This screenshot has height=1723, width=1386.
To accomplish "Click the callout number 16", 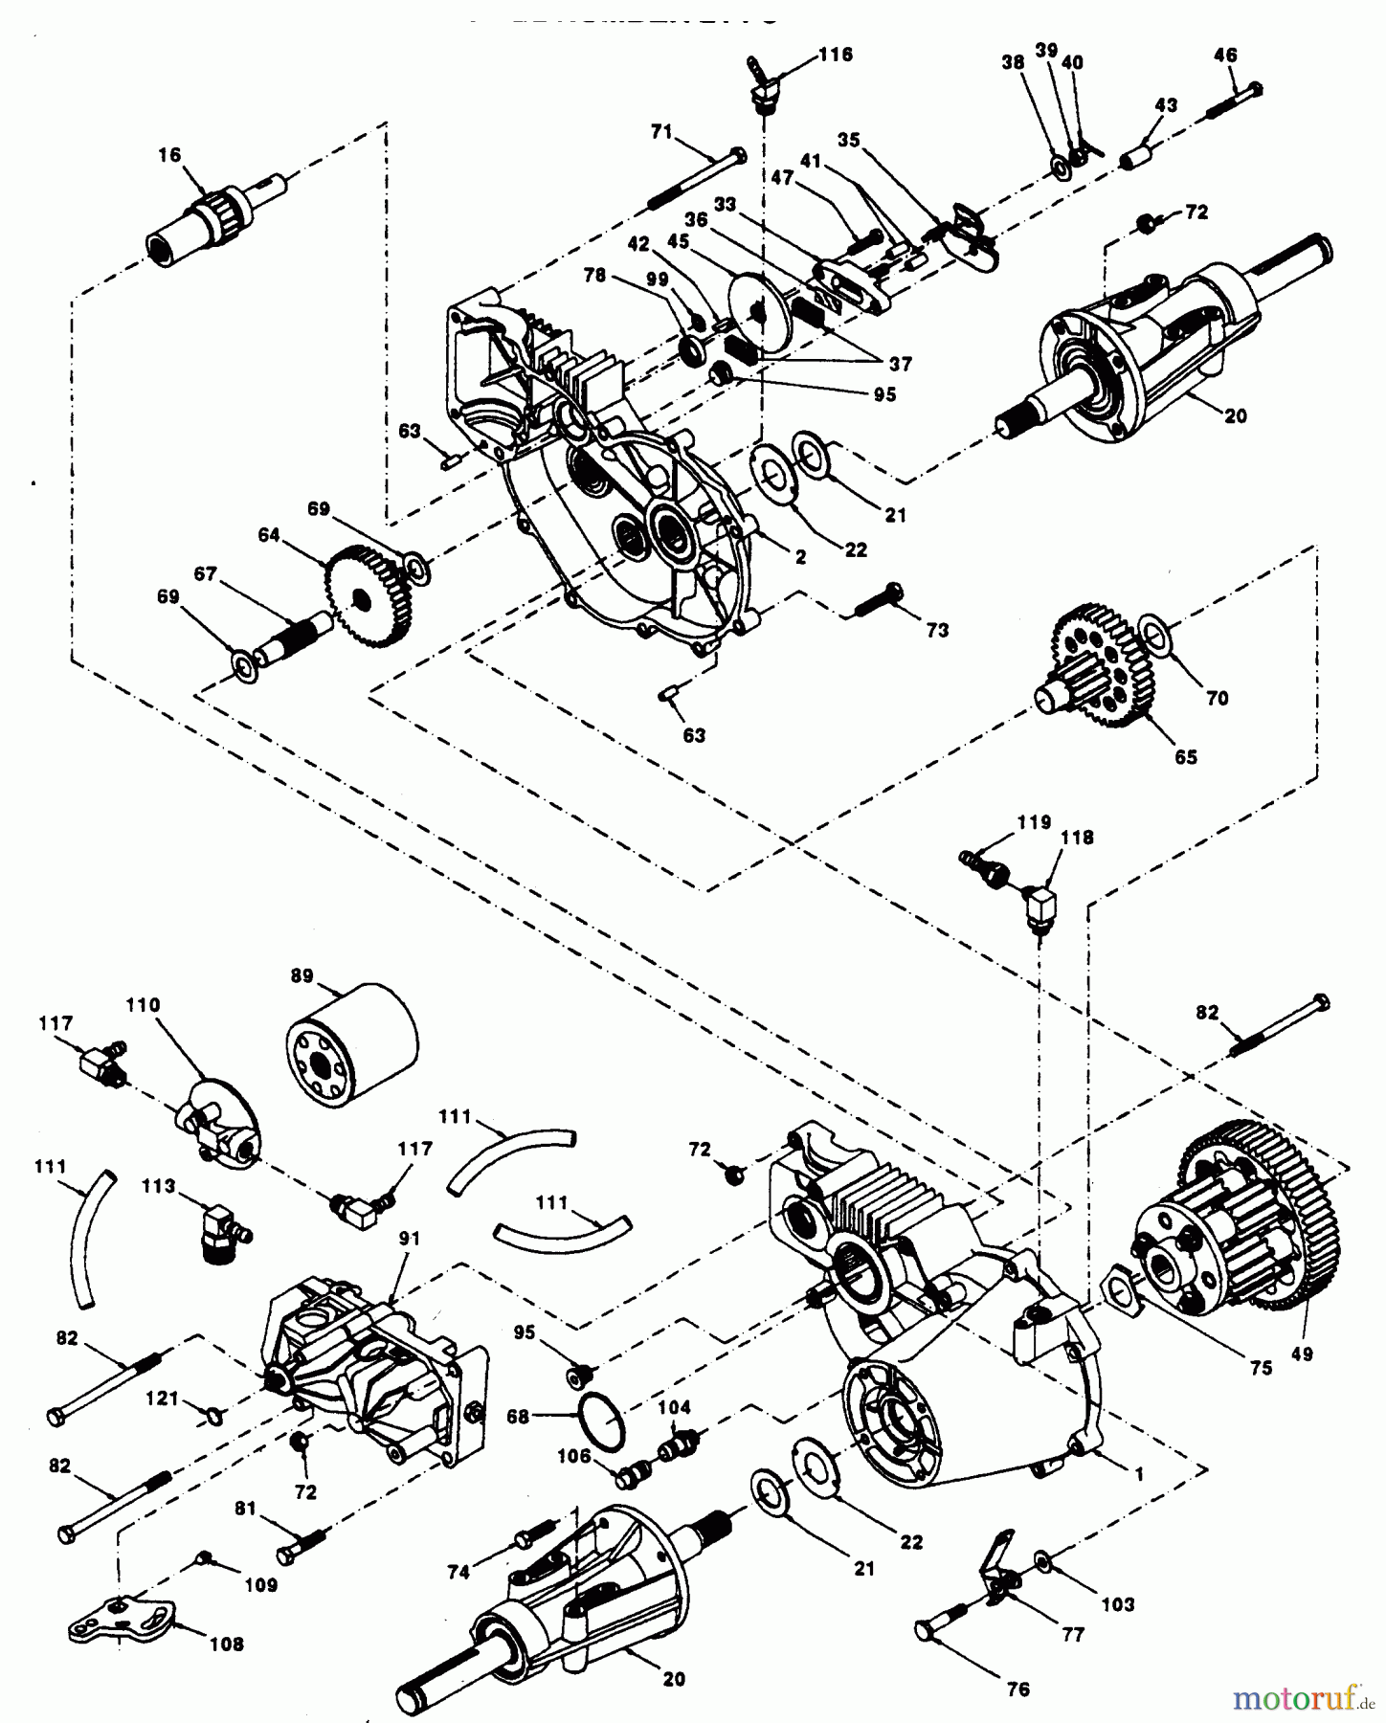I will point(168,155).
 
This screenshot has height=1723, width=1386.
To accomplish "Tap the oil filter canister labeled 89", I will point(351,1050).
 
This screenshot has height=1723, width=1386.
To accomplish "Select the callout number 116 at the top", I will point(835,55).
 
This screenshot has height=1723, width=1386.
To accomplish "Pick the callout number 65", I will point(1185,756).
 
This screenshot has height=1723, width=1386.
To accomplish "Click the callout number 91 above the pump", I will point(410,1238).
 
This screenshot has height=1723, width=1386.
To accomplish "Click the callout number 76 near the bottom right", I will point(1018,1690).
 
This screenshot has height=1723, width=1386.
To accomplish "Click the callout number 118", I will point(1076,837).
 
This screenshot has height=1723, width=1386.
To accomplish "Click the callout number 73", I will point(936,630).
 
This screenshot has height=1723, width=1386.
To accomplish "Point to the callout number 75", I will point(1261,1367).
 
